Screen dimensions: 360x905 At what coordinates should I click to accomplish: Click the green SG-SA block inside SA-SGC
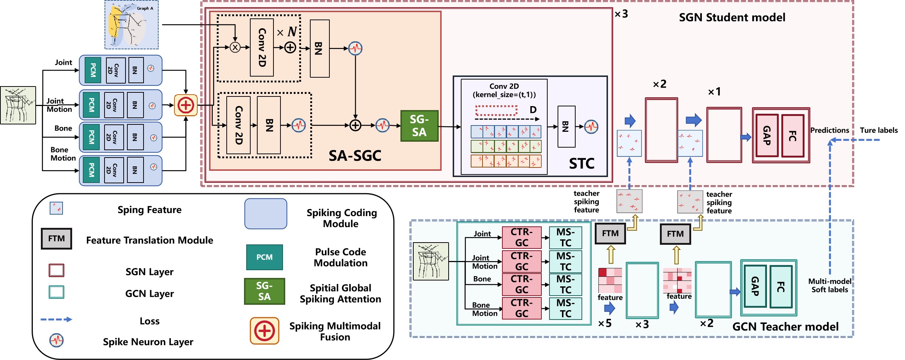coord(419,126)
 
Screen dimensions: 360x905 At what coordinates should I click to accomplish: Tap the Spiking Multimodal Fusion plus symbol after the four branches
coord(186,105)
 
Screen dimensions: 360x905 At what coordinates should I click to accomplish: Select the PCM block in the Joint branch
coord(92,70)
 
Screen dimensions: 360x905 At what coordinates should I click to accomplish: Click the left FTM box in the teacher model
coord(610,233)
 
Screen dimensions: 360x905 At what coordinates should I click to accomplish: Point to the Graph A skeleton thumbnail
coord(131,25)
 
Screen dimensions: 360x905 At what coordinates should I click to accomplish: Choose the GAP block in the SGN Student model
coord(767,135)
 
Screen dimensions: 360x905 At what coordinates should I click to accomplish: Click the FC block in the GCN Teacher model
coord(781,286)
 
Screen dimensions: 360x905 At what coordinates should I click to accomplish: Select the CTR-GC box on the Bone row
coord(522,284)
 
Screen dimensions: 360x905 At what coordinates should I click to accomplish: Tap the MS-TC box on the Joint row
coord(565,237)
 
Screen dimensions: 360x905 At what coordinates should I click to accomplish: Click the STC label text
coord(581,163)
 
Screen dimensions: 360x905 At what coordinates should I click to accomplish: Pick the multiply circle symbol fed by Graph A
coord(235,47)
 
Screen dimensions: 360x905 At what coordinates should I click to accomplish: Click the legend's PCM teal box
coord(264,257)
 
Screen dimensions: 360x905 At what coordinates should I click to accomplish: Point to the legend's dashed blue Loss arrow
coord(56,320)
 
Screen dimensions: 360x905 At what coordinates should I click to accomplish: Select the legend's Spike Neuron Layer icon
coord(56,340)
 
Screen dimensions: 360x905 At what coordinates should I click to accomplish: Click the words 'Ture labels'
coord(879,130)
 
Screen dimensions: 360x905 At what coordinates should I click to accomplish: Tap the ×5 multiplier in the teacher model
coord(605,324)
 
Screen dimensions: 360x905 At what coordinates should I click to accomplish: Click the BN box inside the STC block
coord(566,127)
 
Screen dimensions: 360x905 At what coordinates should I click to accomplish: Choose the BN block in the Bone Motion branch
coord(135,170)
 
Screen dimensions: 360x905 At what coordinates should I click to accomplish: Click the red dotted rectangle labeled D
coord(496,110)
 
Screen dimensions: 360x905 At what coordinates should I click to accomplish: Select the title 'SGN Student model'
coord(732,17)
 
